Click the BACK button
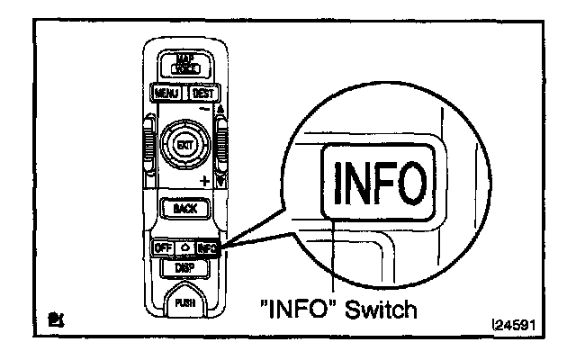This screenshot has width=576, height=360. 184,209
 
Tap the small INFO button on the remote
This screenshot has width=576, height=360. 208,247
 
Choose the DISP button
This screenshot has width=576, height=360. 184,266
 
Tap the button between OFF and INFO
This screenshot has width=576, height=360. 184,247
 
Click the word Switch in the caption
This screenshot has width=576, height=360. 382,310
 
